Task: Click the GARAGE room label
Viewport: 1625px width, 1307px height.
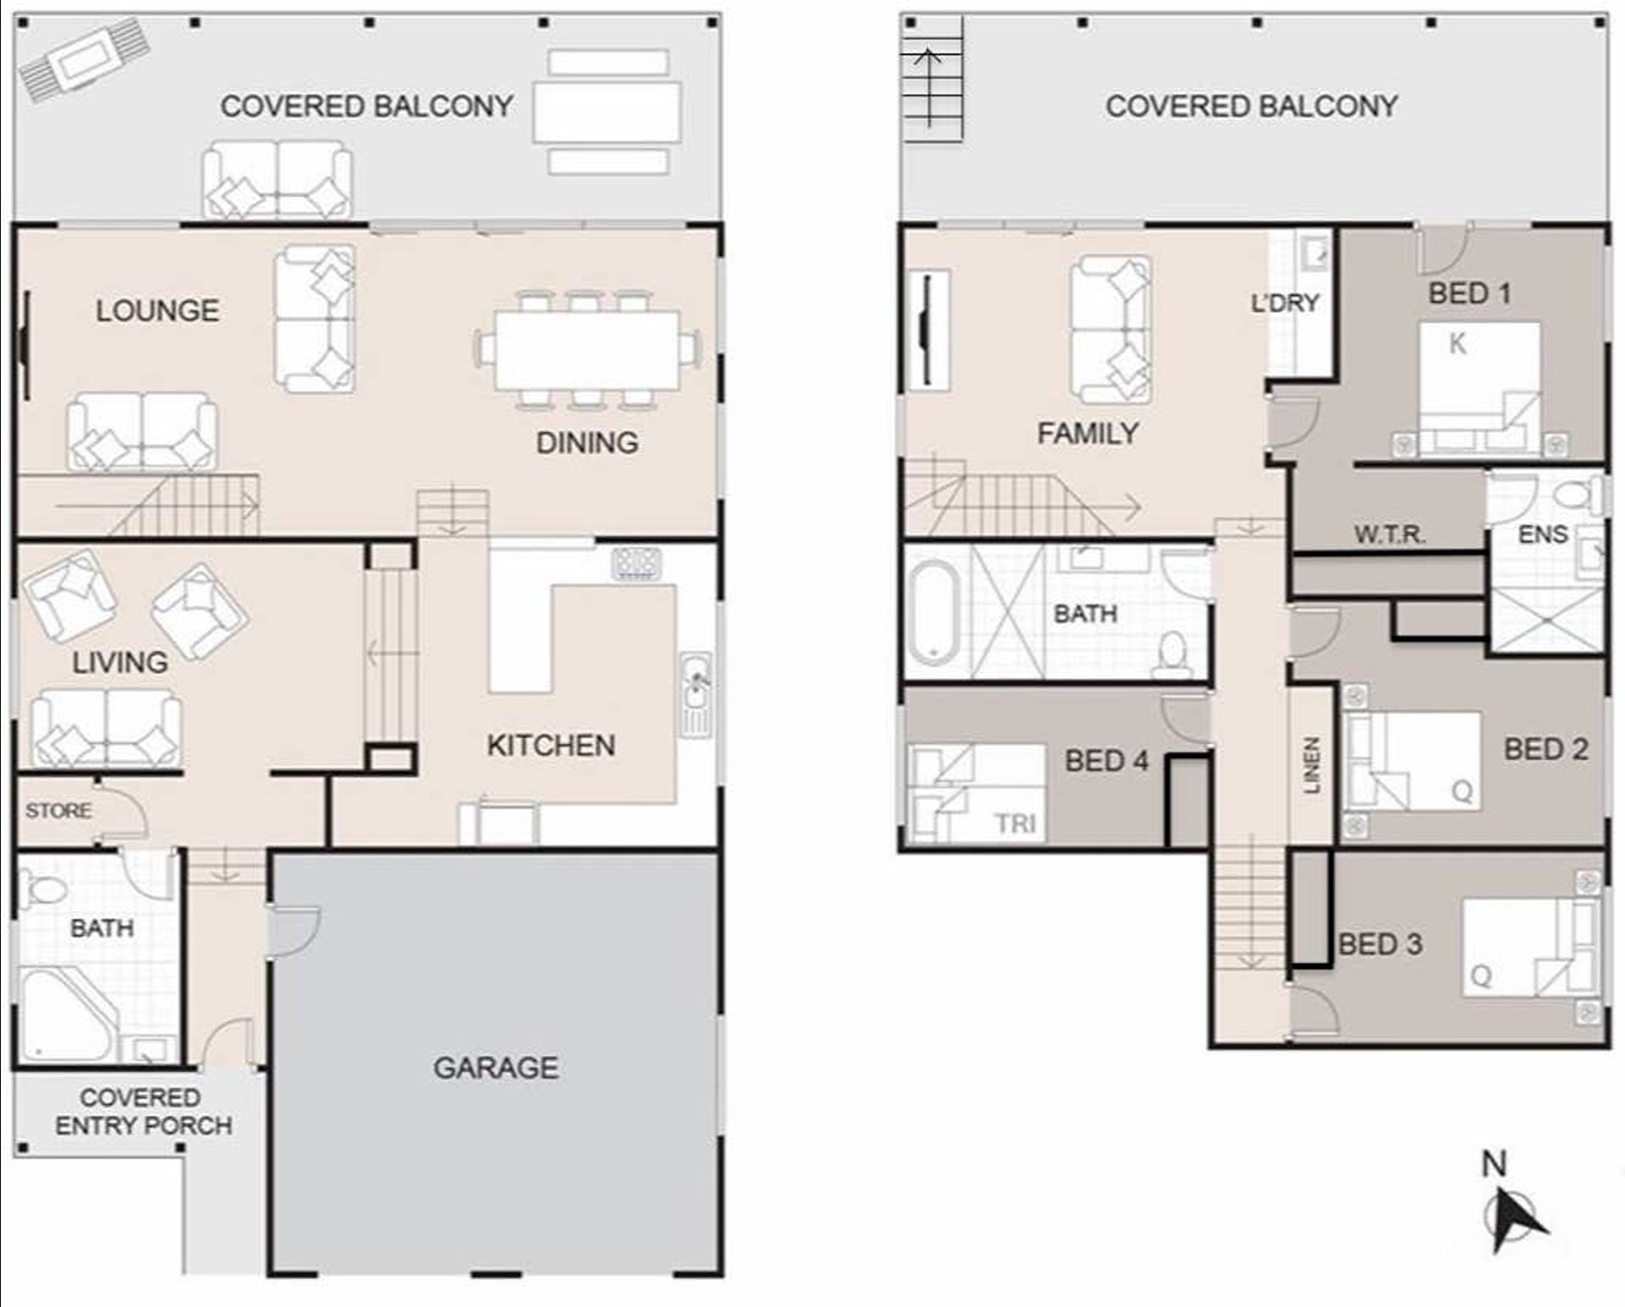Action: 496,1068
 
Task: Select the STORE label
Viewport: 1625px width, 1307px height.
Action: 58,810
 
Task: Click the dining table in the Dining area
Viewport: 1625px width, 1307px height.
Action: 587,349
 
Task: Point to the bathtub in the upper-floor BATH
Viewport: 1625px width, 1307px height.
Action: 934,610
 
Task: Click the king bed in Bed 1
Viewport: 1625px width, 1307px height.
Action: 1479,388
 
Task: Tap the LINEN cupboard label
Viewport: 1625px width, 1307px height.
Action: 1311,765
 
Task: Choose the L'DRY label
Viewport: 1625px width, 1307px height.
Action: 1285,302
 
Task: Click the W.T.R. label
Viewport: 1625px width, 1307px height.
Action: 1390,534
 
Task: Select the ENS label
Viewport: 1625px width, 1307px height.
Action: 1542,534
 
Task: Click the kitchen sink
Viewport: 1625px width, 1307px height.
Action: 697,694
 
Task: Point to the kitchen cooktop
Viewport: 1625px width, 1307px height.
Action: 636,563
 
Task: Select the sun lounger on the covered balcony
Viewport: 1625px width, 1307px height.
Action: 85,59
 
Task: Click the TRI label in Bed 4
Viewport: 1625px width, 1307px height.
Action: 1015,822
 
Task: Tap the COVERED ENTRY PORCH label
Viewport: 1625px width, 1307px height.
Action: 143,1111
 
